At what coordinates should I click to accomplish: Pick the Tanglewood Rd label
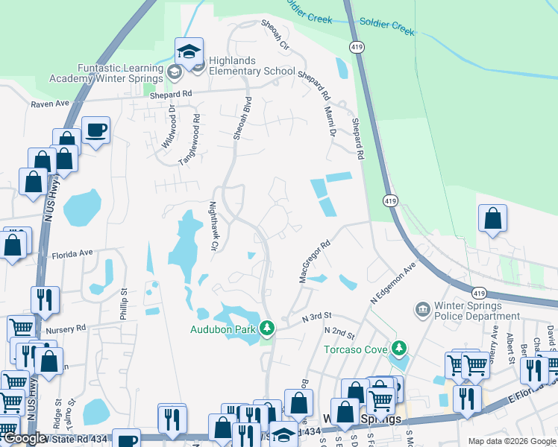click(x=190, y=139)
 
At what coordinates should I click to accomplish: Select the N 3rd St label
click(x=316, y=317)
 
